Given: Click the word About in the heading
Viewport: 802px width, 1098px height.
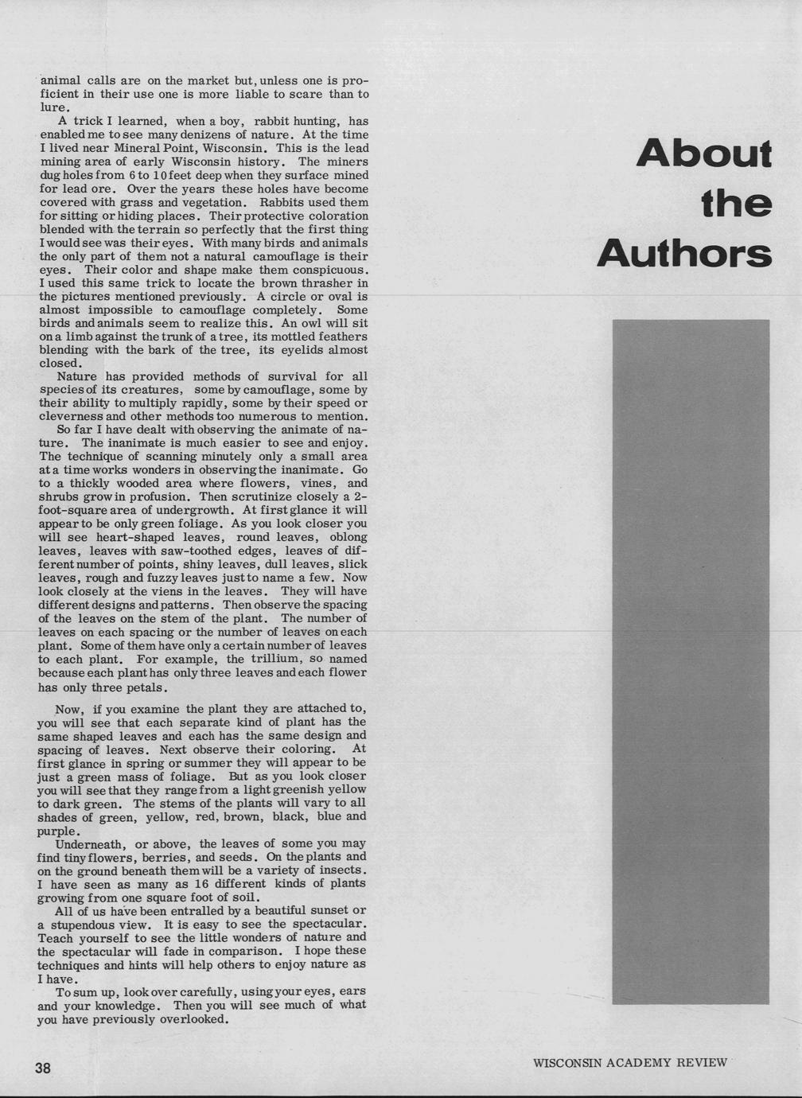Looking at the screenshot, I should (x=704, y=154).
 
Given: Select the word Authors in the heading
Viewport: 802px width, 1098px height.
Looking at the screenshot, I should (x=684, y=254).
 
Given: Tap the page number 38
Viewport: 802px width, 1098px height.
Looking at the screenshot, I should (x=43, y=1069).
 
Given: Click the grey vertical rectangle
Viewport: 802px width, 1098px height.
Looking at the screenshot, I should (x=691, y=660).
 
